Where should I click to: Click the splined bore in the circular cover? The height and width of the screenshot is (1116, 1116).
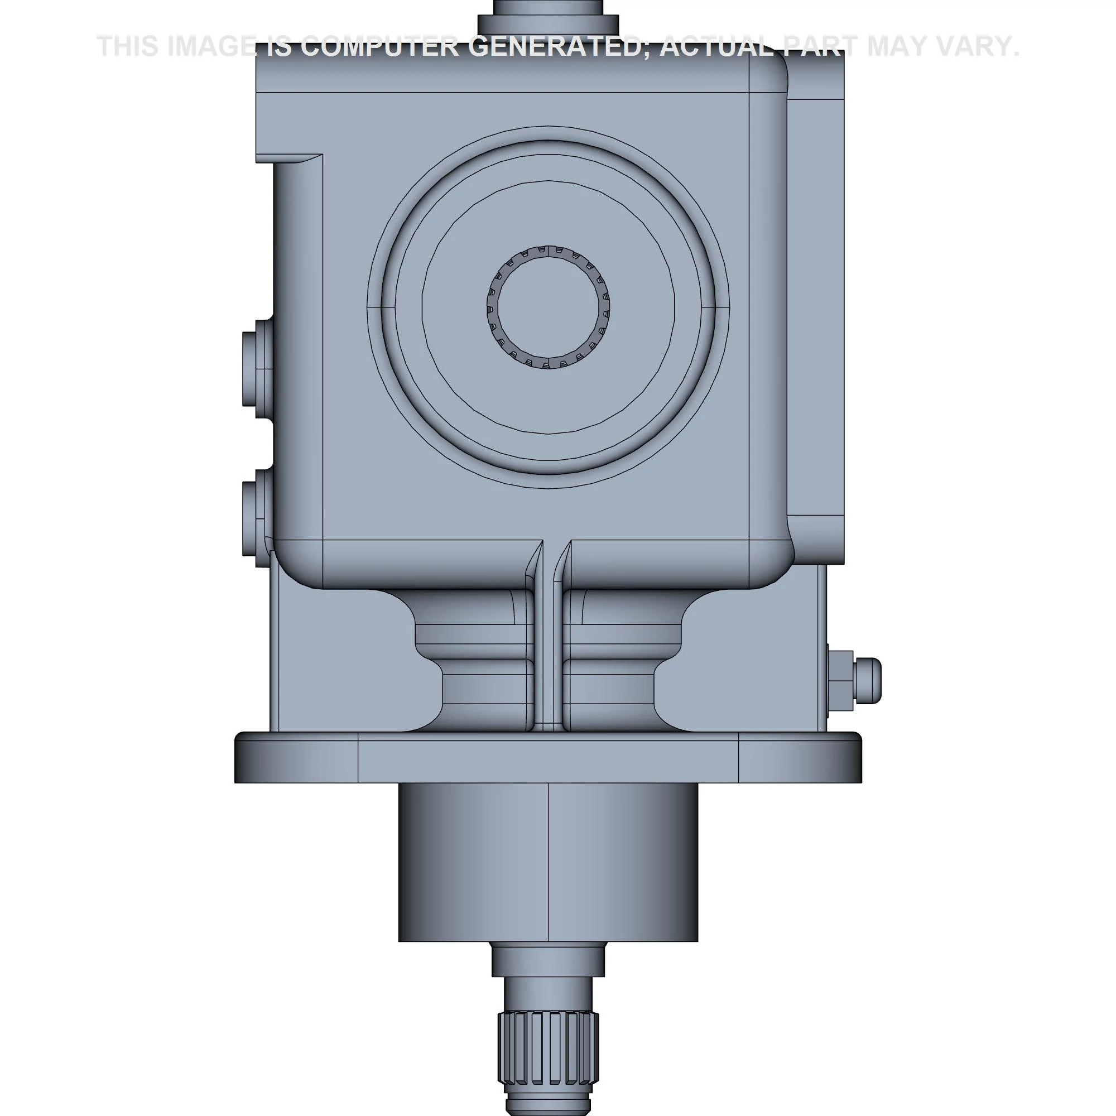click(x=548, y=307)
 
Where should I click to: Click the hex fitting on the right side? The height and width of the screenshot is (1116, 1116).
click(x=853, y=682)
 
